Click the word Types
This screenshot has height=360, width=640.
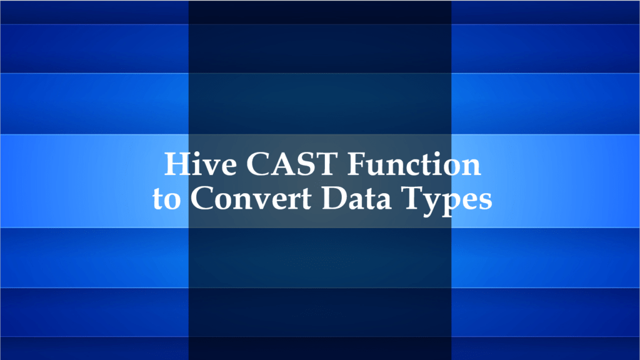[x=450, y=200]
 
